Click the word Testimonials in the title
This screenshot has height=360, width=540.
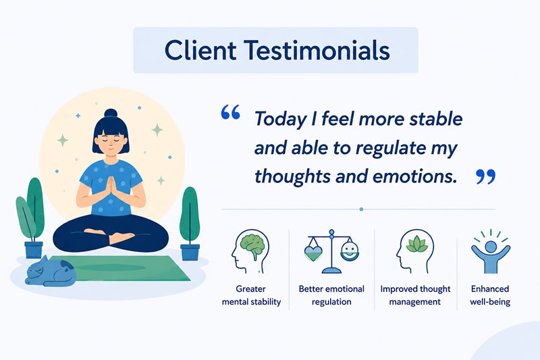[x=317, y=50]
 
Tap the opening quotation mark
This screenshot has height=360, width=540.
[x=230, y=112]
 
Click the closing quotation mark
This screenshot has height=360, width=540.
[x=485, y=177]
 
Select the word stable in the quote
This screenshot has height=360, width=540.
[x=435, y=119]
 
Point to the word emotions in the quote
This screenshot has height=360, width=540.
[x=414, y=176]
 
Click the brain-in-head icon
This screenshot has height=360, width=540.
[x=250, y=251]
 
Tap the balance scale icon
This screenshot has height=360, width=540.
[x=331, y=251]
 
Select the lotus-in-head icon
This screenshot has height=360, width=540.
[x=414, y=251]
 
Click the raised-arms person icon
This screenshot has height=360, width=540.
[x=491, y=251]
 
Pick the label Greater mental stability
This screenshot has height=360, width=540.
[x=251, y=295]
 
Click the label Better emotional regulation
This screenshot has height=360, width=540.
[x=331, y=295]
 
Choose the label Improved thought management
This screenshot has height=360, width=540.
[x=415, y=295]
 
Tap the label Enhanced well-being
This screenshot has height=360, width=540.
[x=490, y=295]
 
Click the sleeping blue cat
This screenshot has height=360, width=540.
[x=51, y=272]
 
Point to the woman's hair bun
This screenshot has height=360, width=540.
[x=111, y=113]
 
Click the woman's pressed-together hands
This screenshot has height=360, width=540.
[x=111, y=189]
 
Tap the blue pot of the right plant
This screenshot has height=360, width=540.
[x=190, y=252]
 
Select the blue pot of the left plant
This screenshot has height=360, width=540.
[x=34, y=250]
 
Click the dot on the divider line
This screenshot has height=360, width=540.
[x=361, y=209]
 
